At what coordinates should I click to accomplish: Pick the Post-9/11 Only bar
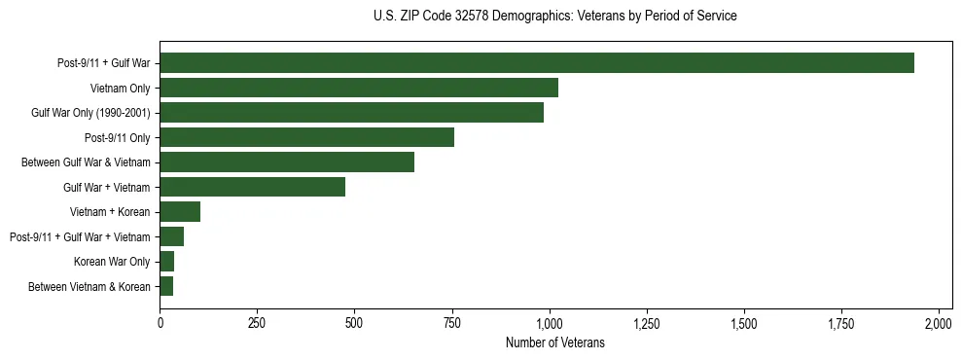(306, 137)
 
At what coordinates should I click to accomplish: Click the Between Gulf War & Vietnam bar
(287, 162)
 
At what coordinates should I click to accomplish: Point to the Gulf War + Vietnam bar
(252, 187)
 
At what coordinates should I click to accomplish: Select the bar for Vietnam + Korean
(180, 212)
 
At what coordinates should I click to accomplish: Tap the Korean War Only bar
(166, 262)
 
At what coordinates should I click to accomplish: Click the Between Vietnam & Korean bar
(166, 286)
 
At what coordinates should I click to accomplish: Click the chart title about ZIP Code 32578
(555, 17)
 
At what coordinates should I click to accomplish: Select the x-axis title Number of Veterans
(555, 343)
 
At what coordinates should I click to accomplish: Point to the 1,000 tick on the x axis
(550, 323)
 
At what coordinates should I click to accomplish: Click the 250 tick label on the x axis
(257, 323)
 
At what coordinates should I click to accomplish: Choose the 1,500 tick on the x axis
(744, 323)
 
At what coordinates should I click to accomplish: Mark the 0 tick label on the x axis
(160, 323)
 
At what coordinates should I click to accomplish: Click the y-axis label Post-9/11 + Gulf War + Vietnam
(80, 236)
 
